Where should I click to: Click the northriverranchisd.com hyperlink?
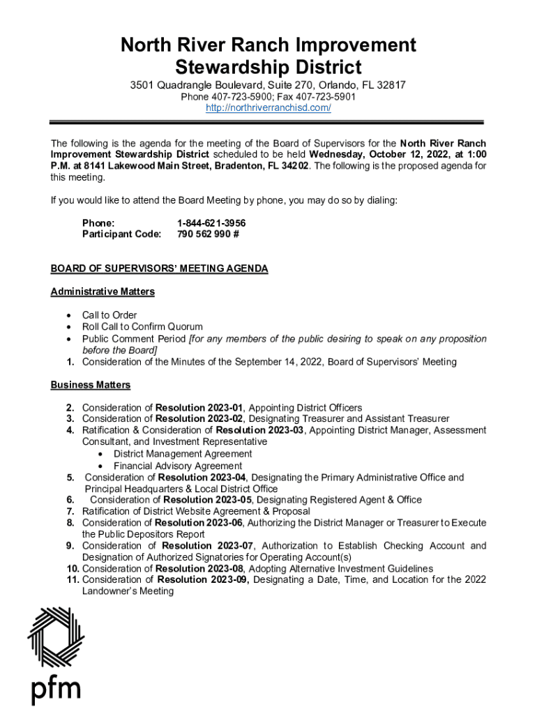tap(268, 109)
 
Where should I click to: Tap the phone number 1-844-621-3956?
tap(211, 222)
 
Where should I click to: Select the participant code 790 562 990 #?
tap(208, 234)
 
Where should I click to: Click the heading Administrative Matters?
tap(103, 291)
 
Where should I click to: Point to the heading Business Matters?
tap(90, 385)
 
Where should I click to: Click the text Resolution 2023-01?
tap(200, 408)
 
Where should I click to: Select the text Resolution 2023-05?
tap(208, 500)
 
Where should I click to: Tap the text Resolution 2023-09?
tap(203, 579)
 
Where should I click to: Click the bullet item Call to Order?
tap(109, 315)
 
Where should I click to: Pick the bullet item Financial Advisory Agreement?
tap(178, 466)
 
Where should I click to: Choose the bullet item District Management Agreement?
tap(183, 454)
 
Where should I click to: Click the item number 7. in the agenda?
tap(70, 511)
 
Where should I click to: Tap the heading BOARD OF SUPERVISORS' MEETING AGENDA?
tap(159, 268)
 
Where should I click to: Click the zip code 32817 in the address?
tap(391, 85)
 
